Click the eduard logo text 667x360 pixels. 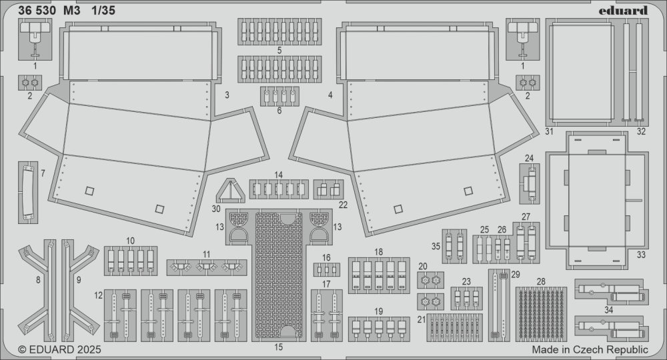623,11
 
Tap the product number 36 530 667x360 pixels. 37,11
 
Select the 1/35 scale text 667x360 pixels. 103,11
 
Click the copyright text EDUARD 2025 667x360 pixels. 59,349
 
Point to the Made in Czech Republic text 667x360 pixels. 590,349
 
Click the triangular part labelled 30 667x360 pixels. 230,191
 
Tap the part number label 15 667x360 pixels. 278,347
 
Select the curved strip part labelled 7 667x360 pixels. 28,193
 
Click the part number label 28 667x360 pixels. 541,282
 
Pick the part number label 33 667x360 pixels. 641,255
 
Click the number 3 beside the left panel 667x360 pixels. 227,95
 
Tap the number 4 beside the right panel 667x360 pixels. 331,95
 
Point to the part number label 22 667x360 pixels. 344,205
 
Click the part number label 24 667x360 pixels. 529,158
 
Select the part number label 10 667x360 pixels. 130,241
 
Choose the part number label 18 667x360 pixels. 379,252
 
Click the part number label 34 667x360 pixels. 609,310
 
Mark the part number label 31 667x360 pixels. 549,131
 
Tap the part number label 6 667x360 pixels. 279,111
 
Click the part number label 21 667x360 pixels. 422,319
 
